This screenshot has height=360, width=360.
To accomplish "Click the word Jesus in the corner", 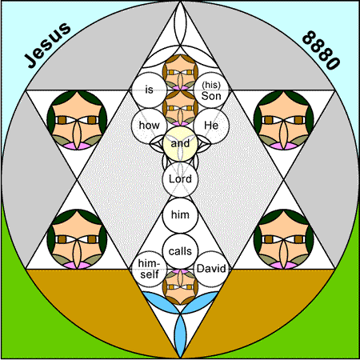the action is [x=48, y=45].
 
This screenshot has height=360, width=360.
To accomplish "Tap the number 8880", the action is [x=321, y=50].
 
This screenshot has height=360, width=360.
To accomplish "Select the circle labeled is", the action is [x=150, y=90].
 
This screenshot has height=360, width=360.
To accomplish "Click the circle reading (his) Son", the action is [x=211, y=90].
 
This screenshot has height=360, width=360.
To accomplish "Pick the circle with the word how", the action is [x=150, y=126].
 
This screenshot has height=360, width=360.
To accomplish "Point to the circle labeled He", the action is [x=211, y=126].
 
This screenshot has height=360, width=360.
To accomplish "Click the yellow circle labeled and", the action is [x=180, y=143].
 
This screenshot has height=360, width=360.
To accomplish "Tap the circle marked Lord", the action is [x=180, y=179].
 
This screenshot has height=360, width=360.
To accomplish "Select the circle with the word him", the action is [x=180, y=215].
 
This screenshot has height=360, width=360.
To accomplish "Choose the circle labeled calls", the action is [x=180, y=251].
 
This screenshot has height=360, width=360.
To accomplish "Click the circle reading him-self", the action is [x=150, y=269].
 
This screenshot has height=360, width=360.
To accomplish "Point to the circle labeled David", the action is [x=211, y=269].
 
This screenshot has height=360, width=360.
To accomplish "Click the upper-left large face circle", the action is [x=77, y=120].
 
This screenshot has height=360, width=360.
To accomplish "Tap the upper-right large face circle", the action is [x=283, y=120].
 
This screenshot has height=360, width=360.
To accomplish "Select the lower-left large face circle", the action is [x=77, y=239].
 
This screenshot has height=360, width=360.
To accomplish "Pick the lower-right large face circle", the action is [x=283, y=239].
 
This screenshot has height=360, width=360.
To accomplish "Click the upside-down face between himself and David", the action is [x=180, y=286].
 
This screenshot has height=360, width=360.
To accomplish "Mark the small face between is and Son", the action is [x=180, y=72].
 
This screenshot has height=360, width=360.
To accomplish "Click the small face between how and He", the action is [x=180, y=108].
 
